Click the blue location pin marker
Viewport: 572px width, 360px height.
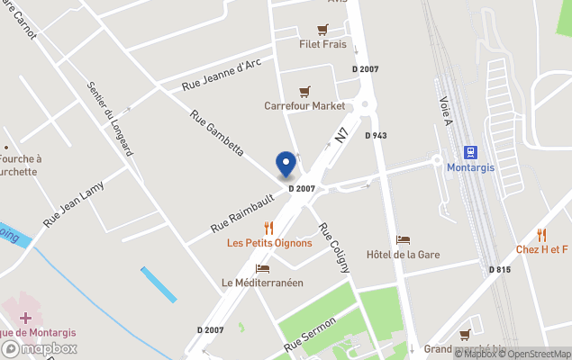pyautogui.click(x=286, y=164)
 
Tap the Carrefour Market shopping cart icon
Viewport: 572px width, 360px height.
pyautogui.click(x=304, y=92)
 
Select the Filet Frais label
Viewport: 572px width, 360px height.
pyautogui.click(x=322, y=43)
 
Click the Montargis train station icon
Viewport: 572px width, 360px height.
pyautogui.click(x=469, y=153)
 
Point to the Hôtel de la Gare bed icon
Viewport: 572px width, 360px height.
pyautogui.click(x=403, y=240)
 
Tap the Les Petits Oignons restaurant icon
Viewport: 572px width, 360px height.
pyautogui.click(x=268, y=228)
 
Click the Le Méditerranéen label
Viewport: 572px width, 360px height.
pyautogui.click(x=262, y=282)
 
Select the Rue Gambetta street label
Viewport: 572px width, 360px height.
pyautogui.click(x=217, y=133)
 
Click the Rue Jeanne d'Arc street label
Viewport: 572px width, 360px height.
pyautogui.click(x=222, y=76)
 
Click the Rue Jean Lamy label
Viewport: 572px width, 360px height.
pyautogui.click(x=74, y=203)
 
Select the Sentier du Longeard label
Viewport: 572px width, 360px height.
pyautogui.click(x=111, y=120)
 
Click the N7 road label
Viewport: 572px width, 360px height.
pyautogui.click(x=341, y=135)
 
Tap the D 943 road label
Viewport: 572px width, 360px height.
pyautogui.click(x=376, y=135)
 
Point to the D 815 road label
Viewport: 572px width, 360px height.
pyautogui.click(x=500, y=269)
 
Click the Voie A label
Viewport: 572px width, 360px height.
pyautogui.click(x=444, y=112)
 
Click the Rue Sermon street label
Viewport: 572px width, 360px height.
pyautogui.click(x=310, y=334)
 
